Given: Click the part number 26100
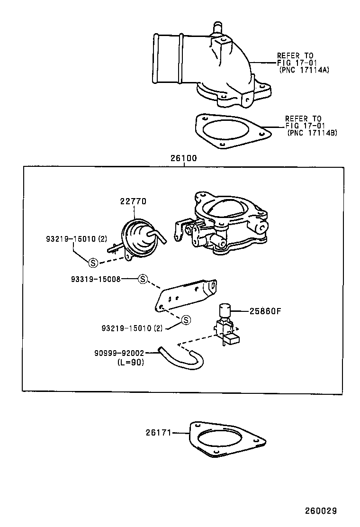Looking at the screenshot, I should pos(184,158).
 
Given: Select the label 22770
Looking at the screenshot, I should pos(133,201).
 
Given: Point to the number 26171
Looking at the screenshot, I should pos(159,432).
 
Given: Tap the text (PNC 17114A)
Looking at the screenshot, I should pos(304,69).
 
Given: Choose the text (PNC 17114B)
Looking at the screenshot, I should pos(312,133).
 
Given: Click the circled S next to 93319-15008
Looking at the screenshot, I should pos(143,279).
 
